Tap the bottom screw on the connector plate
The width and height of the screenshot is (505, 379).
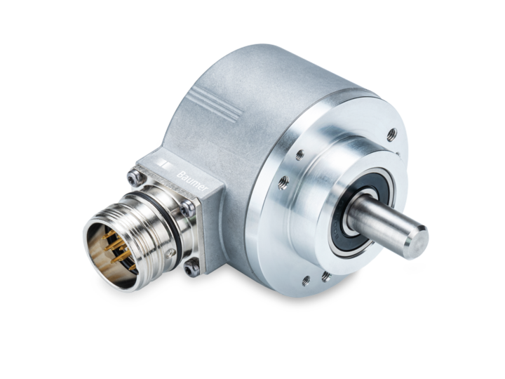[x=191, y=266]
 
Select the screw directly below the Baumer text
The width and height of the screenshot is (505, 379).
[x=187, y=208]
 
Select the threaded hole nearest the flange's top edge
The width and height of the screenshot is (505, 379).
[x=391, y=133]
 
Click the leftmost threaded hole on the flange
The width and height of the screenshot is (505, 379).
[x=283, y=182]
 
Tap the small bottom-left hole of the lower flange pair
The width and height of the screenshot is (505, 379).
[x=306, y=281]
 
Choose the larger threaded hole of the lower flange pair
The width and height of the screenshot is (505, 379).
[x=326, y=277]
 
